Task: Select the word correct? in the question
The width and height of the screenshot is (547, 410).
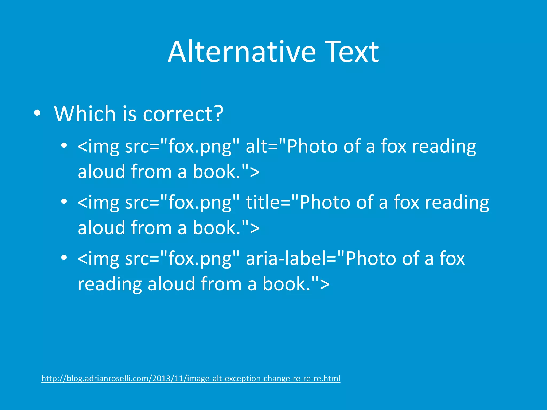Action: (x=183, y=114)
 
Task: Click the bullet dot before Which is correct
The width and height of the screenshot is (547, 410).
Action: (x=37, y=113)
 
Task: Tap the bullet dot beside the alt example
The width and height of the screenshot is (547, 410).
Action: (x=64, y=146)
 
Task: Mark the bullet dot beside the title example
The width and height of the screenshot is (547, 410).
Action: (x=64, y=202)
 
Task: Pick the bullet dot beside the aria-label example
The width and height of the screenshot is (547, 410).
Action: (x=64, y=258)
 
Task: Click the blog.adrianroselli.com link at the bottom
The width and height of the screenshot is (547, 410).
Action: (x=191, y=379)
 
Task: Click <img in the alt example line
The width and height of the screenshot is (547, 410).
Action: (x=98, y=147)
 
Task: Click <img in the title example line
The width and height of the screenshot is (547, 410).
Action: (x=98, y=203)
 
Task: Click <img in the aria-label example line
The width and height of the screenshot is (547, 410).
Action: (x=98, y=259)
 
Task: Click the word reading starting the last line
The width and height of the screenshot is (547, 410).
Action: (x=110, y=284)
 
